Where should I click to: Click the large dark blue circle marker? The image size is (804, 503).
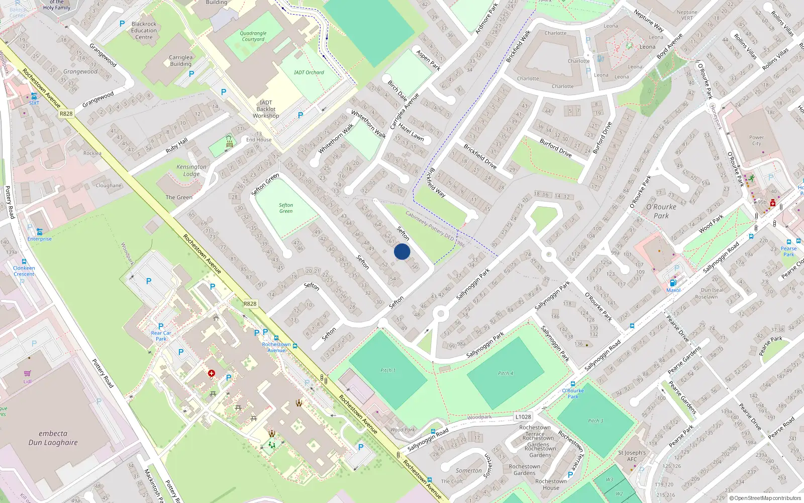402,251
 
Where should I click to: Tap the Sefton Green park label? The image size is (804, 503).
286,208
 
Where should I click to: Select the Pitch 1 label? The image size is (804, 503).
387,370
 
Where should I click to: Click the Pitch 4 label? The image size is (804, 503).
506,373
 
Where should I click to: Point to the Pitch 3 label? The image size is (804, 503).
595,421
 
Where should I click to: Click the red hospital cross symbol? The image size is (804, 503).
212,373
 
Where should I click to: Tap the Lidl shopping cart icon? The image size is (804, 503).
27,373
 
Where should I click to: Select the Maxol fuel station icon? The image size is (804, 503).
673,283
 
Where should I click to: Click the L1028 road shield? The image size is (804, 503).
523,416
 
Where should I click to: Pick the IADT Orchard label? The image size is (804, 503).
309,72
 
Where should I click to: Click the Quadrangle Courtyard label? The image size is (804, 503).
253,36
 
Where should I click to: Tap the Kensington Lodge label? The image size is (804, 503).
191,170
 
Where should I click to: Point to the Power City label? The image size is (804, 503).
756,140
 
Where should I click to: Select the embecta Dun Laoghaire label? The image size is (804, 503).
53,438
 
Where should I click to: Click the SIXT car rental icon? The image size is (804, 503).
34,96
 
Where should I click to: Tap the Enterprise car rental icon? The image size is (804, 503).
39,232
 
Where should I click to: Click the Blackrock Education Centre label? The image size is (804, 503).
144,30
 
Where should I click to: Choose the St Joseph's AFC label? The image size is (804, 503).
632,456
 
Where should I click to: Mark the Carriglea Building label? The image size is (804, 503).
180,60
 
